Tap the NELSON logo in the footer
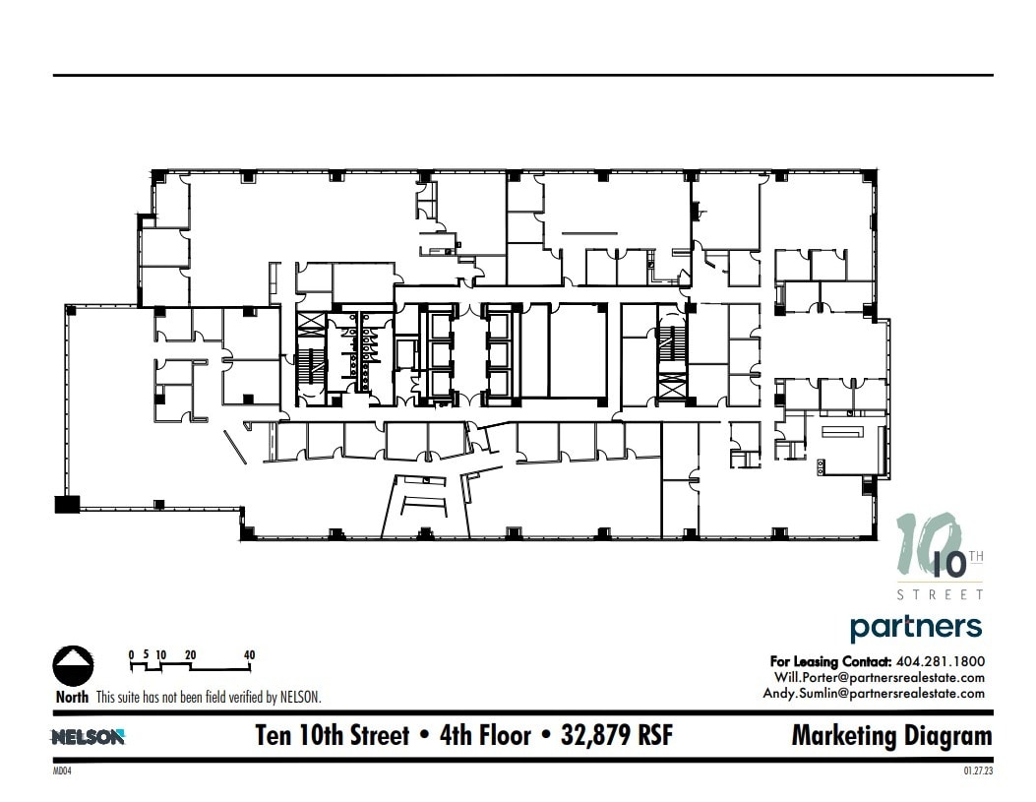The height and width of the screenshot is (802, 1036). coord(88,737)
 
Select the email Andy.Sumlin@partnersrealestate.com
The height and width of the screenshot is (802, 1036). coord(874,693)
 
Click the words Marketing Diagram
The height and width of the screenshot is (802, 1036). coord(891,736)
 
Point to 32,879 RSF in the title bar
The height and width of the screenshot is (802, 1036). coord(617,736)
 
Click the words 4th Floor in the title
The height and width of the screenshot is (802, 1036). coord(486,736)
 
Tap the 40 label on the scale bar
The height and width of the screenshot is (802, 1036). coord(250,654)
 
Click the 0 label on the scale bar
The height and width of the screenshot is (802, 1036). coord(132,654)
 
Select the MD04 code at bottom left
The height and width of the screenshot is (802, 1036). coord(63,772)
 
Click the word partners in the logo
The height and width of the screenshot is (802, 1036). coord(915,627)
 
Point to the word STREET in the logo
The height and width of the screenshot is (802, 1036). coord(939,594)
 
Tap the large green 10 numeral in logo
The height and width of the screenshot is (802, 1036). coord(920,546)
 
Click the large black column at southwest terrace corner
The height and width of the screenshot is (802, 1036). coord(66,505)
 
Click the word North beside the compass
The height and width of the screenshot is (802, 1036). coord(72,697)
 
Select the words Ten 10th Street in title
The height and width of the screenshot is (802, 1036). coord(332,736)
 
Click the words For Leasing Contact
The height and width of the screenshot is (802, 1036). coord(830,661)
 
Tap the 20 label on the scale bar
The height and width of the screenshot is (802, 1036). coord(191,654)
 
